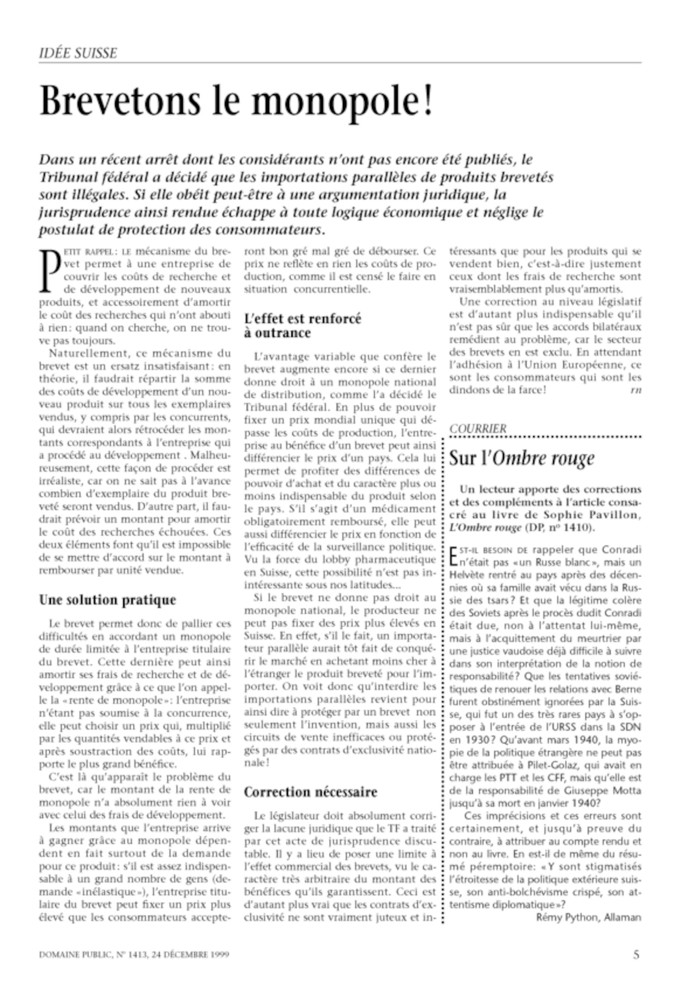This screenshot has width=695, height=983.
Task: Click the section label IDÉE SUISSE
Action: click(78, 53)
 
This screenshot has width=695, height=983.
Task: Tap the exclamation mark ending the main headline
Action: click(427, 101)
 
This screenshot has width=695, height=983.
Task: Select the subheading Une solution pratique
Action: click(107, 600)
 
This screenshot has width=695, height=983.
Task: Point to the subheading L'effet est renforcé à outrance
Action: click(303, 326)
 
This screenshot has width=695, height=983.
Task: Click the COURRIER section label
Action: click(478, 429)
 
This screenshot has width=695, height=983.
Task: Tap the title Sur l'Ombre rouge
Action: click(522, 459)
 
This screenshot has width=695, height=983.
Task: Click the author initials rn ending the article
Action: click(636, 390)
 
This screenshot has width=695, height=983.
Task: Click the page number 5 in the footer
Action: click(637, 954)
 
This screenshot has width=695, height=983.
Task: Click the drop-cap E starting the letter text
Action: click(453, 555)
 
